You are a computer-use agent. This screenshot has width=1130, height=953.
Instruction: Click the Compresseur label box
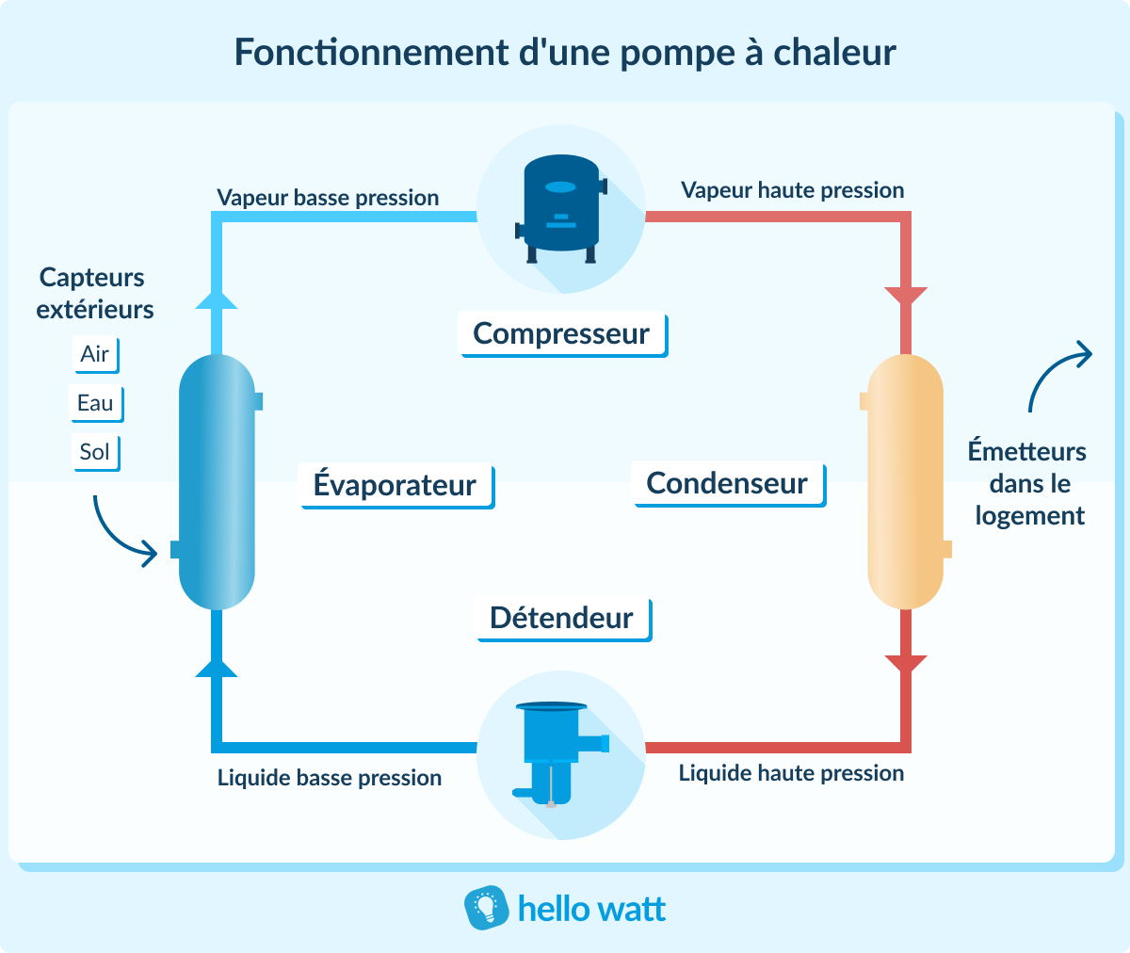[562, 334]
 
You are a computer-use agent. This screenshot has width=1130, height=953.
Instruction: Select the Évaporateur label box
[395, 485]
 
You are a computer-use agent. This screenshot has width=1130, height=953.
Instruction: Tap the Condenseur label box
[728, 484]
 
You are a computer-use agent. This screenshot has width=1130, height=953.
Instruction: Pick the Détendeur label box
[562, 619]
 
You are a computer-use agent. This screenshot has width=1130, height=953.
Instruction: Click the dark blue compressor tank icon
[561, 209]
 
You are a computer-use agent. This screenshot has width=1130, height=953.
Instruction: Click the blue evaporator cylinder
[217, 482]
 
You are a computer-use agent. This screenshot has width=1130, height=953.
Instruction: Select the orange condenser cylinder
[905, 482]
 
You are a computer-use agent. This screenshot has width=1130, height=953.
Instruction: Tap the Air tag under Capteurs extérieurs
[95, 354]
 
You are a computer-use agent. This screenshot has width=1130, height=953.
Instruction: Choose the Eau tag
[95, 403]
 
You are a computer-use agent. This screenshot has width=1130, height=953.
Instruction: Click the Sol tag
[94, 452]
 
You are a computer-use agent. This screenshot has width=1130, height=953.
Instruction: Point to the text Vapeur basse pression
[328, 198]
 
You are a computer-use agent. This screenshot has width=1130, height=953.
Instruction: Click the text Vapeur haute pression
[792, 190]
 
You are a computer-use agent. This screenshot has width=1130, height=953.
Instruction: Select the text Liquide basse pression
[330, 778]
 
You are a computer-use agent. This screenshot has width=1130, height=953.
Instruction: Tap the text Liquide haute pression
[791, 773]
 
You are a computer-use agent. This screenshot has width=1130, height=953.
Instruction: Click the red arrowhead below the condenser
[906, 663]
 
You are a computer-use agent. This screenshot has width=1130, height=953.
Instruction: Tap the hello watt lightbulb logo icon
[486, 909]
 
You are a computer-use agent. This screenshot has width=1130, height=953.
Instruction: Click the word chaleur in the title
[834, 53]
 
